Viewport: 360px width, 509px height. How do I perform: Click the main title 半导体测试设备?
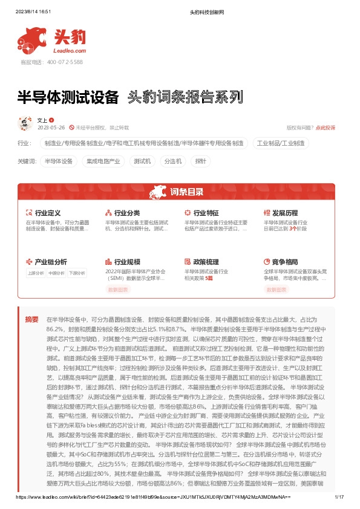68,97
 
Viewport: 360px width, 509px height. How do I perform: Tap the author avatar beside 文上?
25,123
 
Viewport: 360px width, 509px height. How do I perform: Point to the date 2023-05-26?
51,128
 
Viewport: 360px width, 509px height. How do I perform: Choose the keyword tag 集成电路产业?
103,161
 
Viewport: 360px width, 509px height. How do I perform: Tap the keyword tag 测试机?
143,161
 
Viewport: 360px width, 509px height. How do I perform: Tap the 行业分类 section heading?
127,213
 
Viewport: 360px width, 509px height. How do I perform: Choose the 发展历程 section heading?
285,213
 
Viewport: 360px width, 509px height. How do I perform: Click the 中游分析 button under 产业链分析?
57,273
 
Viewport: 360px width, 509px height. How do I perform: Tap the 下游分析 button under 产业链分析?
77,273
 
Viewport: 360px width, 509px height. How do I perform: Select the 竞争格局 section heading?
285,262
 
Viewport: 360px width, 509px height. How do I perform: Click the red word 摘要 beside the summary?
31,318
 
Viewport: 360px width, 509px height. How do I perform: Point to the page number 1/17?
339,497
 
